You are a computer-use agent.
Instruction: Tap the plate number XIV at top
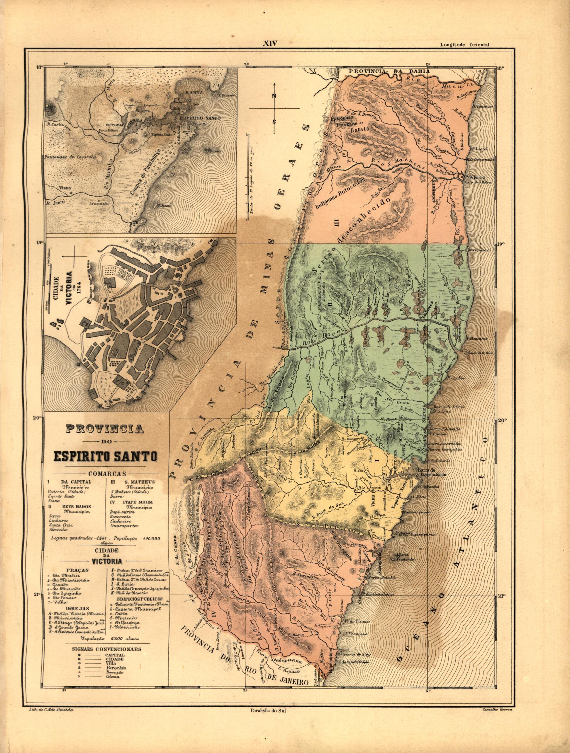coord(270,44)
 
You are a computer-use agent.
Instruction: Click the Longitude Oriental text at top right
coord(464,45)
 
